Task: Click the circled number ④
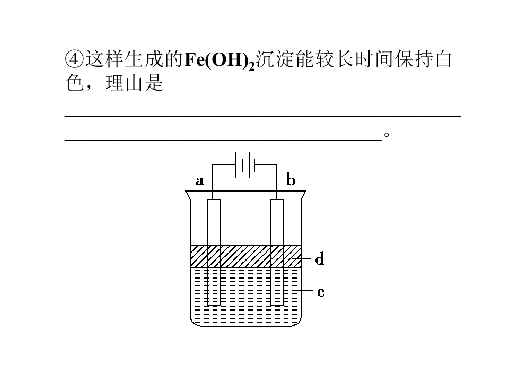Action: click(x=74, y=59)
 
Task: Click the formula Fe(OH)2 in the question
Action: click(x=220, y=60)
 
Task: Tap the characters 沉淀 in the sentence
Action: click(x=275, y=59)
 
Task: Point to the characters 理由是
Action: click(x=134, y=83)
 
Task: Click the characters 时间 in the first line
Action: click(x=374, y=59)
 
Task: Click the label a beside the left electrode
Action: click(x=200, y=181)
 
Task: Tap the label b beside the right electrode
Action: click(x=291, y=179)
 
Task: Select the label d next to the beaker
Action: click(x=320, y=259)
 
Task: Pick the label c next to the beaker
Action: click(x=321, y=292)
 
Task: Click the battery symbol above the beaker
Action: click(x=245, y=164)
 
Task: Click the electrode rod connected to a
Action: click(x=214, y=252)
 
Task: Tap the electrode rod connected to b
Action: click(x=277, y=252)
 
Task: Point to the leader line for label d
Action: click(x=301, y=259)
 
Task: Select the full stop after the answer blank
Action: click(x=387, y=134)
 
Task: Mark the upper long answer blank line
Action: click(x=263, y=116)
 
